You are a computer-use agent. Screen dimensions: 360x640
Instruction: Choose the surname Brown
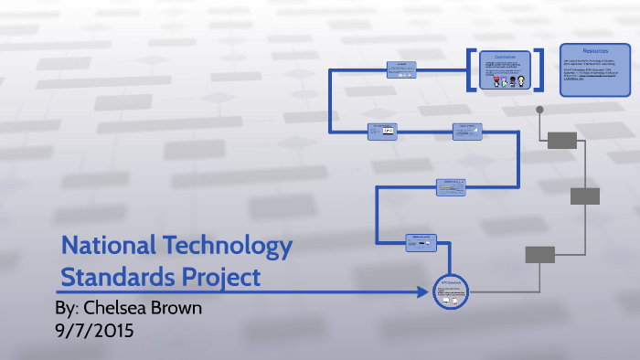click(x=178, y=308)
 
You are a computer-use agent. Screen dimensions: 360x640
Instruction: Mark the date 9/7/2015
click(x=95, y=330)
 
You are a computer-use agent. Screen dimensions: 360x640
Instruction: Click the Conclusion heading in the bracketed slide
click(x=506, y=56)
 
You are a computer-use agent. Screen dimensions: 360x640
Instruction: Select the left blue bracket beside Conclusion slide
click(x=470, y=69)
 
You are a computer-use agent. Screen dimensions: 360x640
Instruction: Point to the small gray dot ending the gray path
click(x=539, y=110)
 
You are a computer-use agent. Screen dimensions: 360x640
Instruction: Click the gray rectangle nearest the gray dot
click(x=562, y=140)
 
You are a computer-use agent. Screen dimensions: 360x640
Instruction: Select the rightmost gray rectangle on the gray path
click(x=585, y=196)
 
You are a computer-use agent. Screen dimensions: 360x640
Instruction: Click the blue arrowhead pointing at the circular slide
click(x=423, y=292)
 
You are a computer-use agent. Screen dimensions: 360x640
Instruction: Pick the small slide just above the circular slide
click(x=421, y=242)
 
